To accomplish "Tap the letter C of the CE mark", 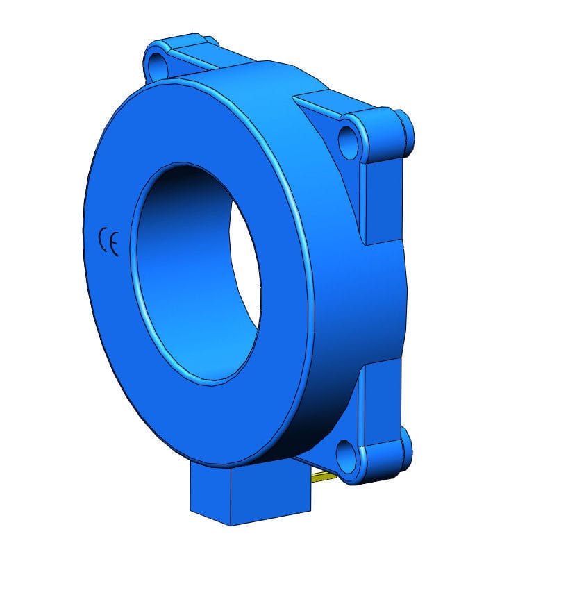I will [x=103, y=240].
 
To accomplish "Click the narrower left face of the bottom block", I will [x=209, y=494].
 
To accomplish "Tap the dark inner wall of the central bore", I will [x=167, y=229].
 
